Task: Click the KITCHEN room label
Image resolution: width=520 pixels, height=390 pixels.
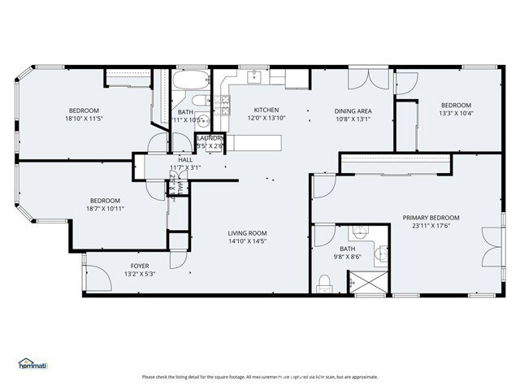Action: [266, 110]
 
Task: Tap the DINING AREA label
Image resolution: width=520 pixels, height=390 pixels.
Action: [353, 110]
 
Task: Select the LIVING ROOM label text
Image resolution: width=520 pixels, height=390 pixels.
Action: [247, 232]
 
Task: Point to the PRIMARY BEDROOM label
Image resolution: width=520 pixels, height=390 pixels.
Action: [431, 218]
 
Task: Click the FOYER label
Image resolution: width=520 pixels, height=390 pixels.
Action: [140, 266]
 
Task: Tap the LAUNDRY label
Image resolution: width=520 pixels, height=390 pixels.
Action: [210, 138]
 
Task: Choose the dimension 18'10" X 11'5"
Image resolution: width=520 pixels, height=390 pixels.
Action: [84, 119]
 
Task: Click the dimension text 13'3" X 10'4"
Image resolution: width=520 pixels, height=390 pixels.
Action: [456, 113]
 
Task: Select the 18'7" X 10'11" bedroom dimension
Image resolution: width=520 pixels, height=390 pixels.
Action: [105, 209]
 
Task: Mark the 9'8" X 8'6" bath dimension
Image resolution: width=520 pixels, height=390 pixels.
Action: [347, 258]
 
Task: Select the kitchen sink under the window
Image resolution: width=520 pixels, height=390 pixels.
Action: [253, 77]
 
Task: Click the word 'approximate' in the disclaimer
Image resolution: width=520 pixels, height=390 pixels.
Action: [362, 377]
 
